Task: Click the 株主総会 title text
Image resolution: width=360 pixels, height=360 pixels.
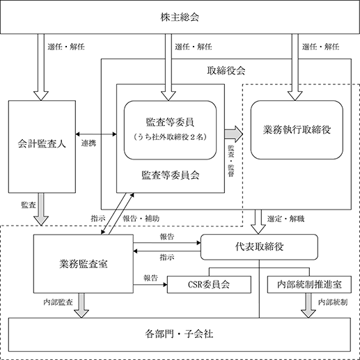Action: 180,17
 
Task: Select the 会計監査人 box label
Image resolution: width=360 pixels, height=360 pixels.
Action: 42,143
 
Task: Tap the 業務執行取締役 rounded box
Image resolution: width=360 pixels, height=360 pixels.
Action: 297,130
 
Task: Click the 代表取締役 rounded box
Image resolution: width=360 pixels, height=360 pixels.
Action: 259,247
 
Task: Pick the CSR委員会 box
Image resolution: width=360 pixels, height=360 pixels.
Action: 209,284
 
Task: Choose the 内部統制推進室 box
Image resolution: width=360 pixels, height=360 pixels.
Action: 309,284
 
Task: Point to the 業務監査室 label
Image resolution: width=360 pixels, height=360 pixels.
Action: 84,264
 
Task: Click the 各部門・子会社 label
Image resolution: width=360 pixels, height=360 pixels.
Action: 179,334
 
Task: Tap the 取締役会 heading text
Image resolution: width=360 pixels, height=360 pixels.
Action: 226,71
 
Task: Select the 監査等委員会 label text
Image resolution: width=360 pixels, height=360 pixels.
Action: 171,175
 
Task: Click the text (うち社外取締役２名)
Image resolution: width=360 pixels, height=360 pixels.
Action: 171,137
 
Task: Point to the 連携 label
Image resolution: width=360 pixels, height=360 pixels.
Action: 88,143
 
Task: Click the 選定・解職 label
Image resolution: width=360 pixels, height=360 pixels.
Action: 285,219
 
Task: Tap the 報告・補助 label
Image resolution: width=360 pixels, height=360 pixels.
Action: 141,219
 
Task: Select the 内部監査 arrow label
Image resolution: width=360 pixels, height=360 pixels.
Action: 58,302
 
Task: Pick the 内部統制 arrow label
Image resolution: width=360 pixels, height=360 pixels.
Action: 333,302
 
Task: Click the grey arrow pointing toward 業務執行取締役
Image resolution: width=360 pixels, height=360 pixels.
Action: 233,134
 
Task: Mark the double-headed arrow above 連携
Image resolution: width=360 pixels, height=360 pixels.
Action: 96,134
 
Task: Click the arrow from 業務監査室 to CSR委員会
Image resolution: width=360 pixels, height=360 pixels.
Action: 150,285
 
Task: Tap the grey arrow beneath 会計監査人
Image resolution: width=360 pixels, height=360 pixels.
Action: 41,209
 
